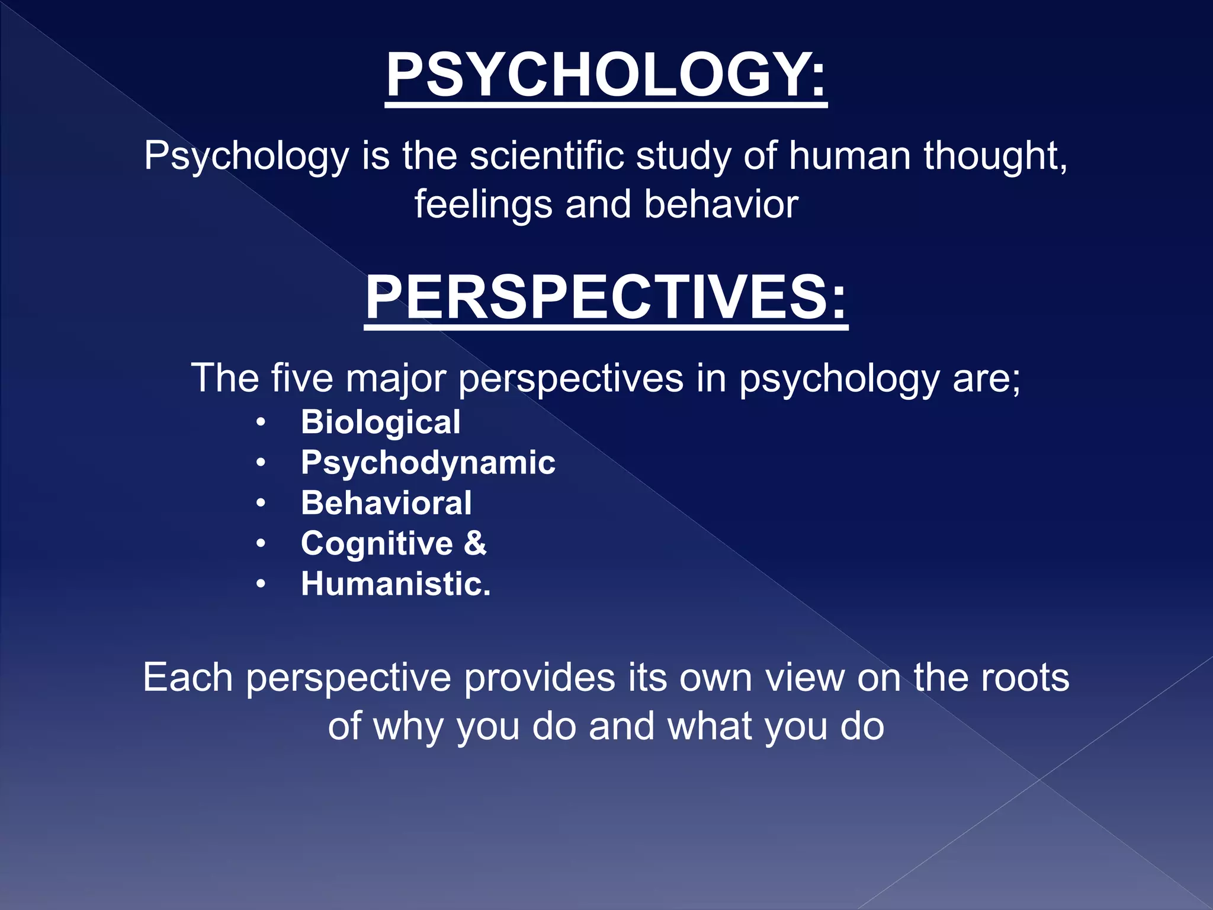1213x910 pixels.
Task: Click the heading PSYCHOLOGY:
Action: point(606,75)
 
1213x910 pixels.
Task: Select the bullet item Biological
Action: point(380,422)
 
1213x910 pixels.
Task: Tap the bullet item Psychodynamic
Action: point(428,463)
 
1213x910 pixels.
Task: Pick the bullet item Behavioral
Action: point(386,503)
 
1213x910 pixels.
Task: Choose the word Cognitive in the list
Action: point(377,543)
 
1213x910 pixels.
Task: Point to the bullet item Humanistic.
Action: point(396,584)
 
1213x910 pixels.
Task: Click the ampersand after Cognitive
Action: point(475,543)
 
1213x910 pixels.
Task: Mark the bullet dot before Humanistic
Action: point(261,585)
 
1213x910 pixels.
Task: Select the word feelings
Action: point(483,204)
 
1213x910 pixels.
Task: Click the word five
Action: point(302,378)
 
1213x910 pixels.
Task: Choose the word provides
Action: point(539,678)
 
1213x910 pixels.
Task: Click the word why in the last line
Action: point(408,727)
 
